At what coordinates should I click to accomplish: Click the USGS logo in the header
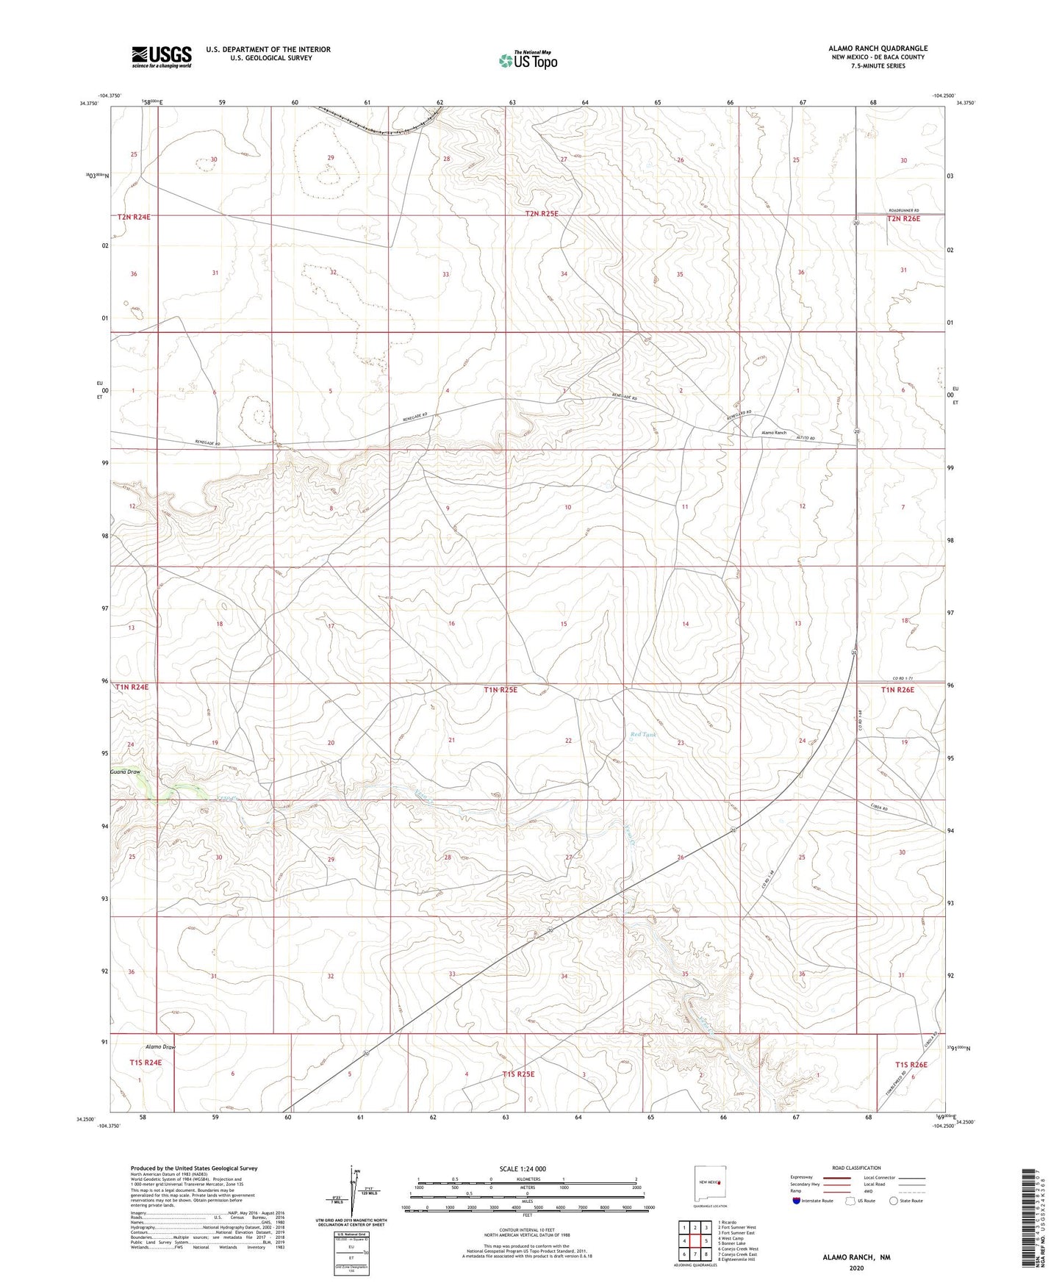[162, 57]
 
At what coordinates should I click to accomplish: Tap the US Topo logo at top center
[527, 60]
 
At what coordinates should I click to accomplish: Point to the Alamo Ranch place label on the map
[773, 433]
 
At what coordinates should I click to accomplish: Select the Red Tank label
[642, 734]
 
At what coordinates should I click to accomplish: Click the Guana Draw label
[125, 772]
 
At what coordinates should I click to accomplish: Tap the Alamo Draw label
[160, 1046]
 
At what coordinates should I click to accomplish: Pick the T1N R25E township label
[500, 690]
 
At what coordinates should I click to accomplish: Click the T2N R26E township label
[903, 219]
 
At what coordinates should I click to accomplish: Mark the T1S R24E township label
[146, 1063]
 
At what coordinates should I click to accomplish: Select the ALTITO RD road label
[807, 438]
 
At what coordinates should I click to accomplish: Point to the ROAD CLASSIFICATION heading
[856, 1168]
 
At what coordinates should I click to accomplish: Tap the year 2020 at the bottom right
[855, 1268]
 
